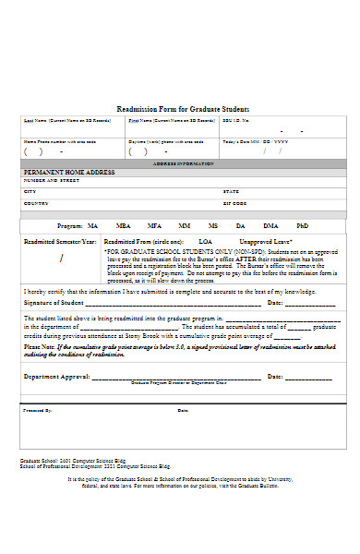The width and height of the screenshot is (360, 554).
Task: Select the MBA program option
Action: tap(123, 225)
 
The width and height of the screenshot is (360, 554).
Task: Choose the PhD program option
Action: tap(302, 225)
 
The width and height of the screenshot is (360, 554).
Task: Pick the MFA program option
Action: tap(154, 225)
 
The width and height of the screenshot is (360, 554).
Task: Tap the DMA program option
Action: tap(270, 225)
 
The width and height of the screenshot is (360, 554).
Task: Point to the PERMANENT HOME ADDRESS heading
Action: tap(68, 173)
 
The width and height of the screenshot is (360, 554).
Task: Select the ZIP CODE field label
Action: tap(234, 203)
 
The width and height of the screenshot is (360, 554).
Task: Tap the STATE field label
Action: tap(231, 191)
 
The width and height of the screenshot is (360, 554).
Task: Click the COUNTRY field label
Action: tap(36, 203)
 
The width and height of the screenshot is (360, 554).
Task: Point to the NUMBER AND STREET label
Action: tap(47, 180)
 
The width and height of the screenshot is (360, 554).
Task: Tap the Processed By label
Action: tap(38, 410)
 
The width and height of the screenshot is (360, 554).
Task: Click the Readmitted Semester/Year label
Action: tap(59, 240)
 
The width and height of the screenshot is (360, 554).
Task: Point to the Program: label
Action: tap(70, 225)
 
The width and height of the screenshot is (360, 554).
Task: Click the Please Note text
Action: tap(39, 347)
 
